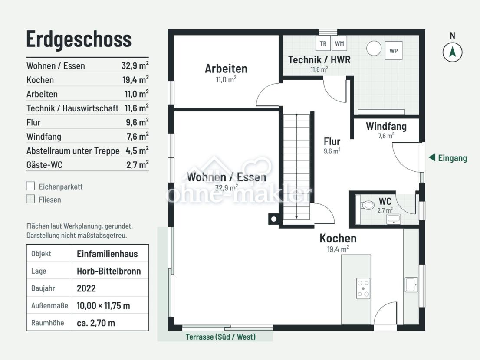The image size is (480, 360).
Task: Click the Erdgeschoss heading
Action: click(79, 39)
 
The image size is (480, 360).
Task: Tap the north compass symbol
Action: click(452, 52)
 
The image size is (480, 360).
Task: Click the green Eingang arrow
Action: click(432, 157)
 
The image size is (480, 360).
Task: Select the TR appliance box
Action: click(323, 43)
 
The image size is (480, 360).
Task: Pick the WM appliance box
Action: click(339, 43)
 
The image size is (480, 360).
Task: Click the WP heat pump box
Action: click(394, 51)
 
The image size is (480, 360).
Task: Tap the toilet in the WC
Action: click(367, 205)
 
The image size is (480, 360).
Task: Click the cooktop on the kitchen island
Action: click(363, 288)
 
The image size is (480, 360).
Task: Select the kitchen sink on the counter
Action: click(411, 285)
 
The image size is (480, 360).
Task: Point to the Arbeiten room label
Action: click(226, 69)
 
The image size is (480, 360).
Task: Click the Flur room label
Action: click(332, 141)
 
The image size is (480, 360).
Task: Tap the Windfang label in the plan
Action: click(386, 126)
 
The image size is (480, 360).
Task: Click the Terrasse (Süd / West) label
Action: click(220, 337)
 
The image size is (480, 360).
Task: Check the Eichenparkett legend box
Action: click(31, 186)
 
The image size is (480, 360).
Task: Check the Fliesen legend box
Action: click(31, 199)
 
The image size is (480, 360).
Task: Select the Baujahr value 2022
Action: click(86, 288)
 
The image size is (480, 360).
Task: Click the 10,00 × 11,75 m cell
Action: click(103, 305)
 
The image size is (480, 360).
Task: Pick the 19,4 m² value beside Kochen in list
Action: click(135, 79)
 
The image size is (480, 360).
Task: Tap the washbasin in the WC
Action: click(394, 219)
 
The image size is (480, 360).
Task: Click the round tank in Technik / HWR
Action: click(374, 48)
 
